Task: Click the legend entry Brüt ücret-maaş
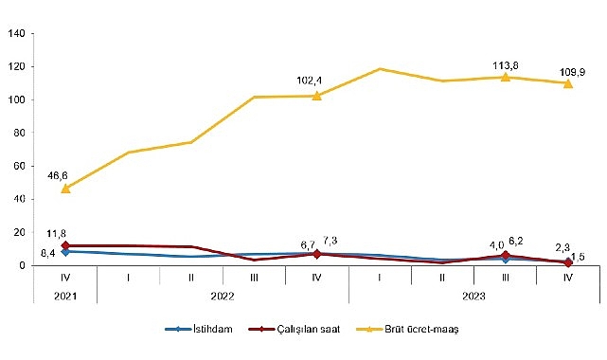(404, 329)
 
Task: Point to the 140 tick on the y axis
(16, 34)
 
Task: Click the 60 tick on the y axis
(19, 166)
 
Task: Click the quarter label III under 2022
(254, 277)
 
